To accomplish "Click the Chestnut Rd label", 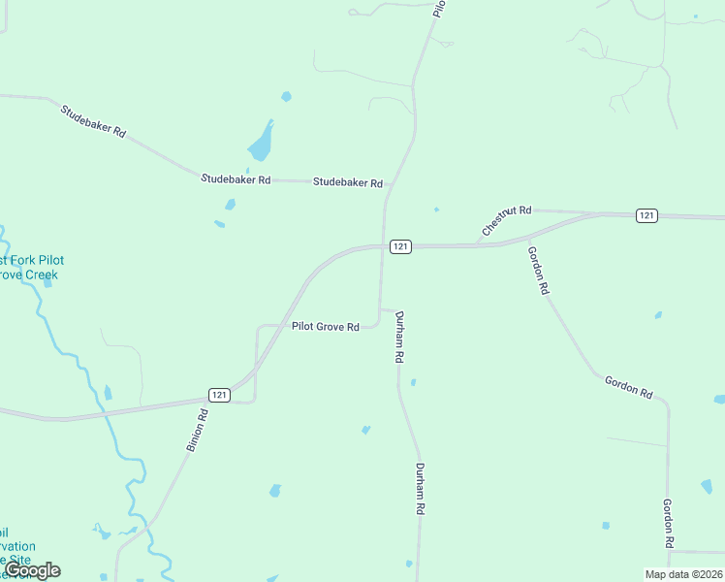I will (x=506, y=222).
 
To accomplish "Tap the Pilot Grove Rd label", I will (x=326, y=327).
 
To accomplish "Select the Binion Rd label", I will (x=197, y=431).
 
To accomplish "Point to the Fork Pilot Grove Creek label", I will (x=31, y=268).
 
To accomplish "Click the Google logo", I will (x=32, y=570).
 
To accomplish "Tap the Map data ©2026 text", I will (x=683, y=574).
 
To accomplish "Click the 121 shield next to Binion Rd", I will (x=219, y=395).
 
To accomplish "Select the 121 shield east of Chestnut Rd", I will (x=647, y=215).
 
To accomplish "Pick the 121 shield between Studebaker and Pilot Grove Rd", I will (x=401, y=246).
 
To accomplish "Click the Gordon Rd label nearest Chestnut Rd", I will (x=539, y=270).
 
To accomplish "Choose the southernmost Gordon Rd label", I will (x=668, y=525).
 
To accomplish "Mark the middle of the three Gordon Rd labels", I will (x=629, y=386).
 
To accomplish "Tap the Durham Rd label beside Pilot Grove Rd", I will (x=398, y=337).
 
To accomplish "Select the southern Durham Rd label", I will (x=421, y=489).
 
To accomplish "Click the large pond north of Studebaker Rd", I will (x=261, y=144).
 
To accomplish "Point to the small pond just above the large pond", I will (x=286, y=96).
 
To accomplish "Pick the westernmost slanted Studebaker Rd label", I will (x=94, y=120).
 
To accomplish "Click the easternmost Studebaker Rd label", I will (x=348, y=182).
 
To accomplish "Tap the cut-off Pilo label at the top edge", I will (x=439, y=8).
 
